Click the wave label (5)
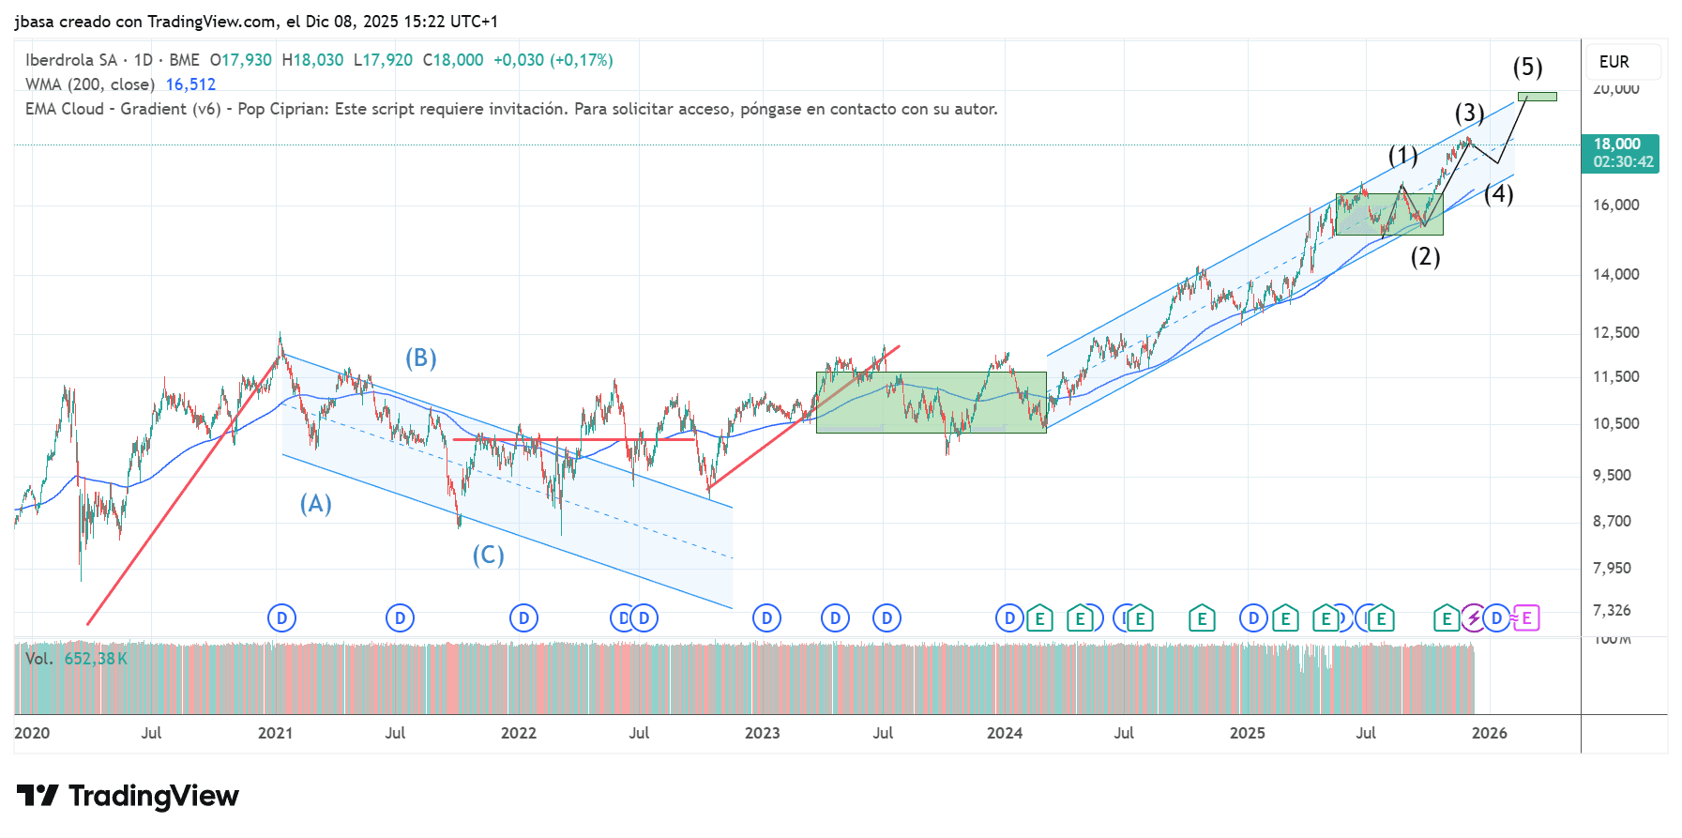click(1527, 68)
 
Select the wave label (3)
click(1469, 114)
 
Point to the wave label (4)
click(1498, 193)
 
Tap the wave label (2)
click(1425, 256)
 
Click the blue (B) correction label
click(420, 358)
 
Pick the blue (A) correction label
click(315, 504)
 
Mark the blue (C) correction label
click(488, 556)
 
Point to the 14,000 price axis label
click(1615, 274)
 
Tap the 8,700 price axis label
click(1612, 521)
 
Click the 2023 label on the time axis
click(762, 733)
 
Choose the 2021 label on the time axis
click(275, 733)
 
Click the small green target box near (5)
click(1537, 97)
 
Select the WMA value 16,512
click(190, 84)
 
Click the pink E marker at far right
click(1526, 618)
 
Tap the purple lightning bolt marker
click(1474, 618)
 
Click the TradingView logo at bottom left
click(128, 796)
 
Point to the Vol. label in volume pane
click(39, 659)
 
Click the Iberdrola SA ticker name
click(71, 60)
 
